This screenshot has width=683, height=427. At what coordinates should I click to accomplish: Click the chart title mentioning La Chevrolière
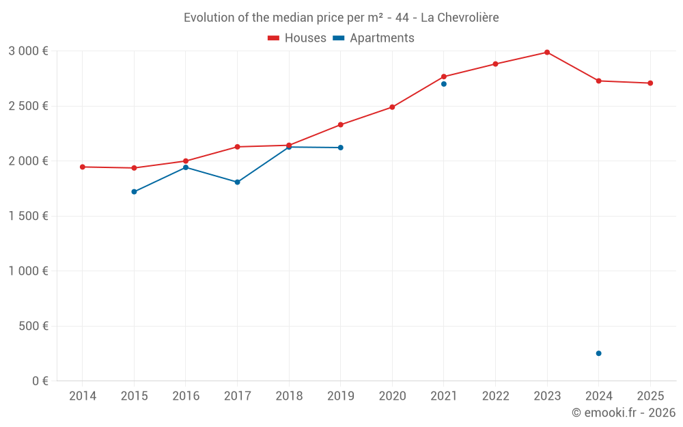point(341,18)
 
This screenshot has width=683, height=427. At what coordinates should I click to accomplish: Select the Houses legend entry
point(297,38)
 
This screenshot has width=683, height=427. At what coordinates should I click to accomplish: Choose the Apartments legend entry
point(374,38)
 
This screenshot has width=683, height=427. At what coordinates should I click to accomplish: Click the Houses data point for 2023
point(547,53)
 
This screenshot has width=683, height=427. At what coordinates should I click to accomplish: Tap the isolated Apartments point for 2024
point(598,353)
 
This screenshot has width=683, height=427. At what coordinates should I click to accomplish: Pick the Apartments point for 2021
point(444,84)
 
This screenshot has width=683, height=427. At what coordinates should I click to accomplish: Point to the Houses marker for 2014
point(83,167)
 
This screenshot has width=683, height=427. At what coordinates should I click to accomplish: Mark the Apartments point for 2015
point(134,192)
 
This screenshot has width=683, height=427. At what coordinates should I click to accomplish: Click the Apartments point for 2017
point(237,182)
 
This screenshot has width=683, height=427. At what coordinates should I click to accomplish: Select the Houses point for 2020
point(392,107)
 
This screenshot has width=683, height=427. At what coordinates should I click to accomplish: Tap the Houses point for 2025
point(650,83)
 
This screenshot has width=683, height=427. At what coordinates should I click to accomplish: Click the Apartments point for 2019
point(340,148)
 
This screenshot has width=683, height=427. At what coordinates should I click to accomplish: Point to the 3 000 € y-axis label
point(28,51)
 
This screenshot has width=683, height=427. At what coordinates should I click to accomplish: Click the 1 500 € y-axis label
point(28,216)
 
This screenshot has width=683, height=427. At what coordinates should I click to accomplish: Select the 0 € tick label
point(39,381)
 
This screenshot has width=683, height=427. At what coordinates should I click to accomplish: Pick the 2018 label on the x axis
point(288,396)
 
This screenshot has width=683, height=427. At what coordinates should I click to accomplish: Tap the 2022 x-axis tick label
point(495,396)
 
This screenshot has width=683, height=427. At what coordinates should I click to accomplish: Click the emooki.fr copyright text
point(623,413)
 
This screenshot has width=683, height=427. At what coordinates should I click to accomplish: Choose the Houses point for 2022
point(495,64)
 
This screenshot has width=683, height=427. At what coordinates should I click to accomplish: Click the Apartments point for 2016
point(186,167)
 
